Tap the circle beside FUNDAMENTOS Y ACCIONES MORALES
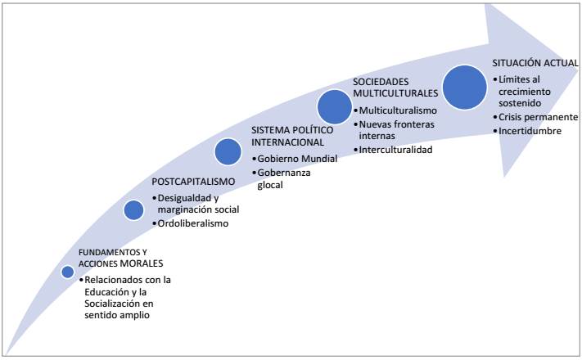[x=67, y=271]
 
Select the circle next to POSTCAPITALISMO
[x=134, y=210]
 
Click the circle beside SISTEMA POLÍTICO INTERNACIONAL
[x=228, y=151]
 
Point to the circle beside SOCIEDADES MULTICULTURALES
[x=334, y=106]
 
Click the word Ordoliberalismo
[x=194, y=223]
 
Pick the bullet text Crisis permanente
[x=537, y=117]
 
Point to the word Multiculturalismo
[x=399, y=110]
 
